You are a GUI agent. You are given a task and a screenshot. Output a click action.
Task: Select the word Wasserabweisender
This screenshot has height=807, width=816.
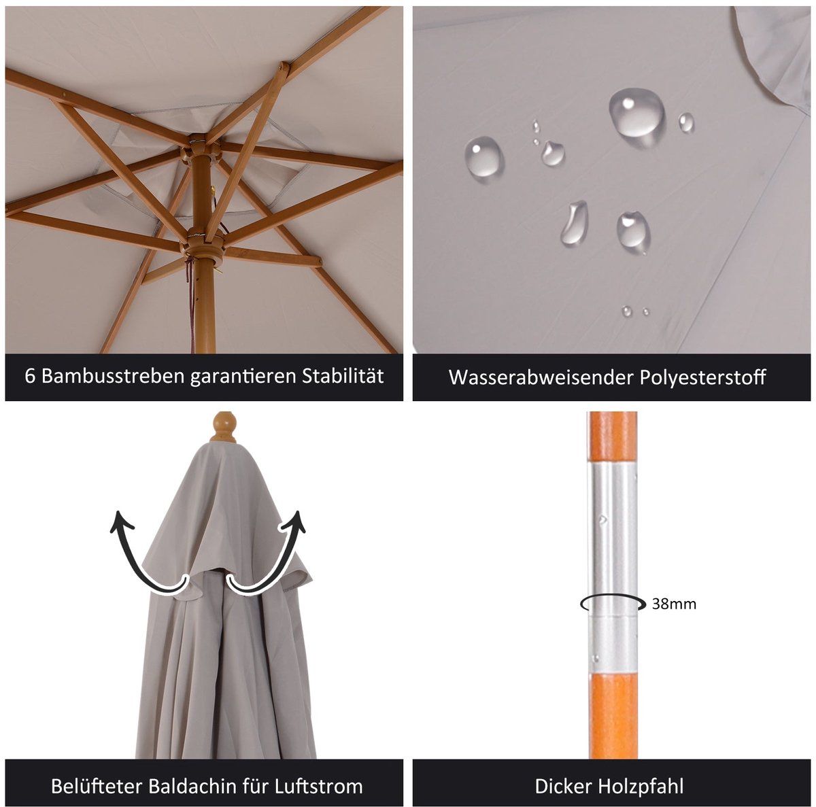(541, 377)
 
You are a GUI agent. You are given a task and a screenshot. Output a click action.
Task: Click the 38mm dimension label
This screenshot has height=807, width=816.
(674, 604)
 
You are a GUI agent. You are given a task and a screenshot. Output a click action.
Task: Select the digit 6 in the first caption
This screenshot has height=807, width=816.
(29, 376)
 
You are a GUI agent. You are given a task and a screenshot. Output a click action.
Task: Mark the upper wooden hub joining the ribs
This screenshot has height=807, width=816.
(201, 148)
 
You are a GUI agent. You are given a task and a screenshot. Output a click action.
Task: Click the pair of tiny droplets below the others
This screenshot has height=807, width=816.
(636, 311)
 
